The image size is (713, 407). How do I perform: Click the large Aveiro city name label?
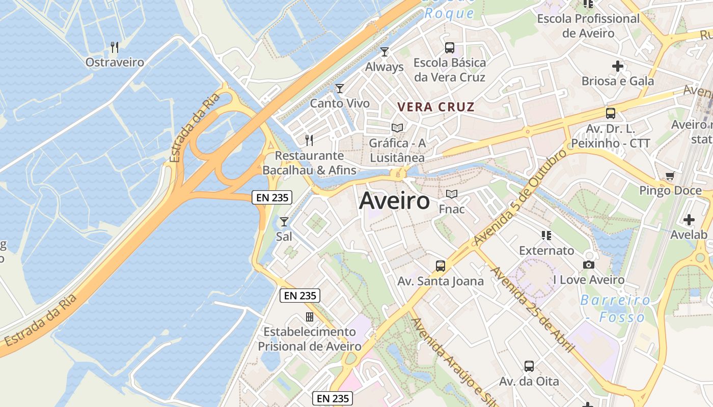click(394, 201)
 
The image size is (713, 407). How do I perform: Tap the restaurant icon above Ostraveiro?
click(115, 47)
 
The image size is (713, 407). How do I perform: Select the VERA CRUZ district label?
click(436, 107)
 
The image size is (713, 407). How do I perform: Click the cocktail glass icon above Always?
click(385, 52)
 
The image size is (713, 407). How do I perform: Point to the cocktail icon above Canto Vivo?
click(340, 89)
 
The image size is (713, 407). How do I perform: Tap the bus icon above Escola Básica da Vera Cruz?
click(450, 48)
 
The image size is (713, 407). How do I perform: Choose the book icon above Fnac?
click(452, 194)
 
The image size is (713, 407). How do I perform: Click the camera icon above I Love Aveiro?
click(589, 265)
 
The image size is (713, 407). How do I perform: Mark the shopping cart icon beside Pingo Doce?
click(670, 176)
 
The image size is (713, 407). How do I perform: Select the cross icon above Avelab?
click(689, 220)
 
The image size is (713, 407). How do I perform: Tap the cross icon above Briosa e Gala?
click(618, 66)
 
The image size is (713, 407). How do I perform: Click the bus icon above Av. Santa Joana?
click(441, 266)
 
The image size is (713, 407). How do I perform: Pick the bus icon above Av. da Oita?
click(529, 366)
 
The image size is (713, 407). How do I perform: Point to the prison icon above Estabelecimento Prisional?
click(310, 317)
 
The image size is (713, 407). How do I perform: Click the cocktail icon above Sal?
click(284, 222)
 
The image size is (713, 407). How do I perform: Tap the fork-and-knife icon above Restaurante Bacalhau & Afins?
click(309, 140)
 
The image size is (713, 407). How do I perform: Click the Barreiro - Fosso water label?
click(615, 308)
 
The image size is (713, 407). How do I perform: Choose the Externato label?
click(546, 251)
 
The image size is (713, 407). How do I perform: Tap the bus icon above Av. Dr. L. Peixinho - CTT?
click(611, 113)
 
